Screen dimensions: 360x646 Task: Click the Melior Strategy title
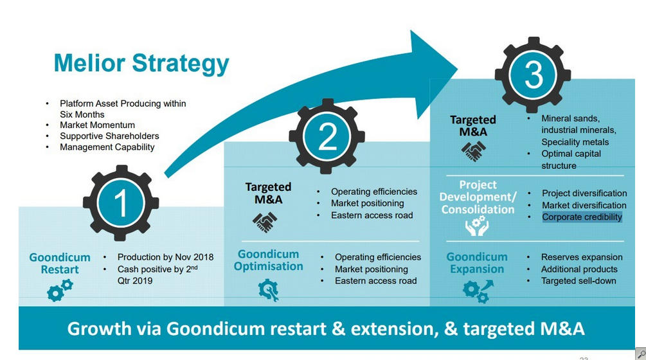click(141, 64)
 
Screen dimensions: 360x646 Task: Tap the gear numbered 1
click(121, 203)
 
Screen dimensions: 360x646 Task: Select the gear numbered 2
click(327, 137)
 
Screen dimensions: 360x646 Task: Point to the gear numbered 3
click(534, 76)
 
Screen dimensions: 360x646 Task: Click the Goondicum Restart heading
click(60, 264)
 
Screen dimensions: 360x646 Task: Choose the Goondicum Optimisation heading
click(268, 260)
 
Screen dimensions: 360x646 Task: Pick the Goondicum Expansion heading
click(477, 263)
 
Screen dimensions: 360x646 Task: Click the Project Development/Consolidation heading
click(478, 197)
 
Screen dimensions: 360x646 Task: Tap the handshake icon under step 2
click(265, 222)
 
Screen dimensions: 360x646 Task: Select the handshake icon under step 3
click(474, 151)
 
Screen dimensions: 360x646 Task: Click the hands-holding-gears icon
click(476, 226)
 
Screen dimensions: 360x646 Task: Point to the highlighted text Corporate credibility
click(582, 217)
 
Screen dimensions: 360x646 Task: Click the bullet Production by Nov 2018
click(165, 257)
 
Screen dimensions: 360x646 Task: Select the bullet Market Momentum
click(97, 125)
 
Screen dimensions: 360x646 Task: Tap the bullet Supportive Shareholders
click(109, 136)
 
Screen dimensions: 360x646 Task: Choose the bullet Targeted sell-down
click(579, 281)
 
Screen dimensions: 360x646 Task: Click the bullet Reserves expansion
click(582, 257)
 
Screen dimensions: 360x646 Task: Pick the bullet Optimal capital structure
click(571, 159)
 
